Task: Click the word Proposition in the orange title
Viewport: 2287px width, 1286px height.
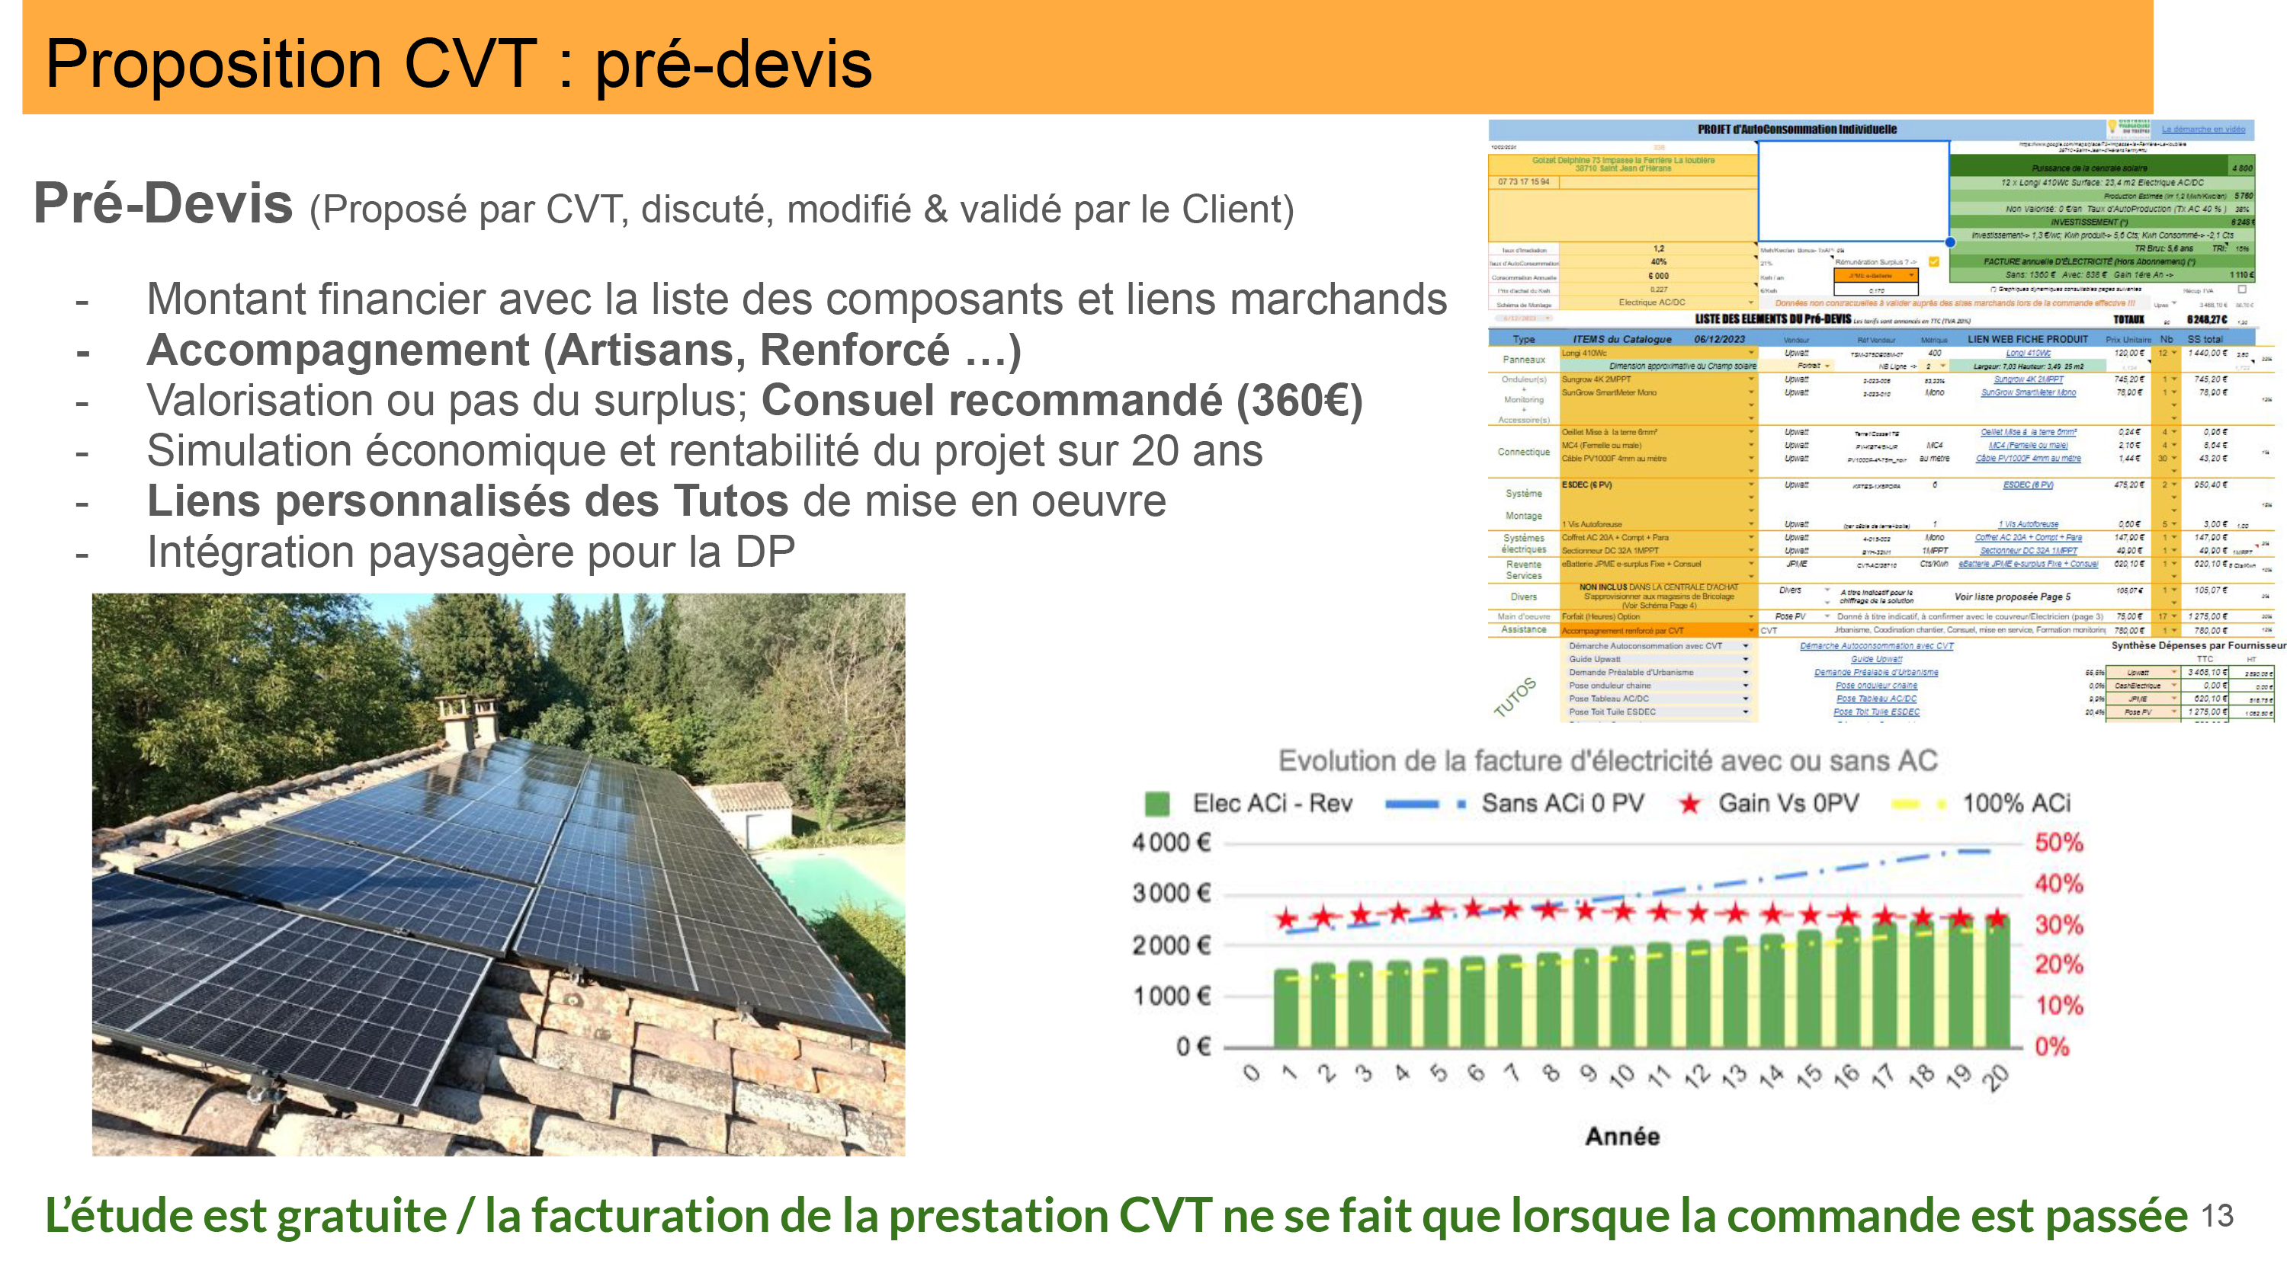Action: pyautogui.click(x=213, y=64)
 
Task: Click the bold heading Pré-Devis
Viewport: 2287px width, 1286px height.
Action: pyautogui.click(x=162, y=203)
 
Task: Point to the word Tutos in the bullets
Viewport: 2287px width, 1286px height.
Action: pyautogui.click(x=730, y=501)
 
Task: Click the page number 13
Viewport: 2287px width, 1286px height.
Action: pyautogui.click(x=2217, y=1216)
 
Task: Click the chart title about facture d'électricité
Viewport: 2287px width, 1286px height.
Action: pyautogui.click(x=1607, y=760)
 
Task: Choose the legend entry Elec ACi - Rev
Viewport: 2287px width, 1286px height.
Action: pyautogui.click(x=1272, y=803)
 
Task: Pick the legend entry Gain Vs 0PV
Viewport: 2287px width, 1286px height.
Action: pyautogui.click(x=1787, y=803)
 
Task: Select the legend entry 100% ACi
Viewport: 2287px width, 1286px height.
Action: pyautogui.click(x=2016, y=803)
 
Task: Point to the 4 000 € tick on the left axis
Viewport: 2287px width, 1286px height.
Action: pyautogui.click(x=1171, y=843)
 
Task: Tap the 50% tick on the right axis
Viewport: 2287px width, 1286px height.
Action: pyautogui.click(x=2059, y=843)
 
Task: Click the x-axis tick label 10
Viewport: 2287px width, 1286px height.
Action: pyautogui.click(x=1622, y=1076)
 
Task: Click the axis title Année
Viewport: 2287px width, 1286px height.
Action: pyautogui.click(x=1622, y=1136)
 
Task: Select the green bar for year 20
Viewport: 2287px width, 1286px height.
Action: pyautogui.click(x=1997, y=985)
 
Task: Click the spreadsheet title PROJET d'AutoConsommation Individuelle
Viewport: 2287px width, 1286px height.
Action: pyautogui.click(x=1797, y=130)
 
